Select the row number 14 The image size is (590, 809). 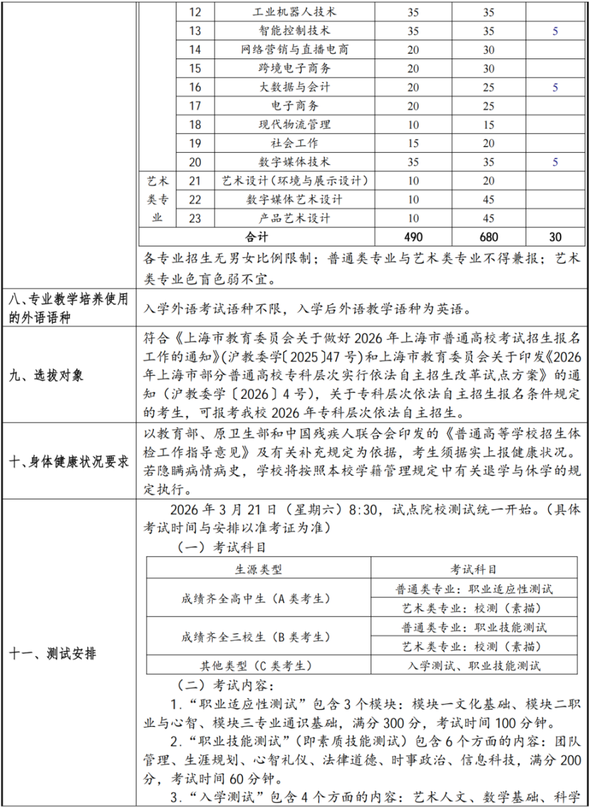pyautogui.click(x=195, y=50)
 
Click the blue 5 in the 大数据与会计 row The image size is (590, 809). pyautogui.click(x=555, y=87)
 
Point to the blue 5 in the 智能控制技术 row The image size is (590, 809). pyautogui.click(x=555, y=31)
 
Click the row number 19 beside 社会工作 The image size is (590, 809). pyautogui.click(x=195, y=143)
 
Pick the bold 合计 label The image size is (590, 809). pyautogui.click(x=256, y=237)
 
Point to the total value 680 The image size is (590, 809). pyautogui.click(x=488, y=237)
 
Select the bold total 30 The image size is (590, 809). pyautogui.click(x=555, y=237)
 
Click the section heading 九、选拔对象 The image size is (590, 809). pyautogui.click(x=47, y=376)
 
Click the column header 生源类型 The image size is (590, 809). pyautogui.click(x=259, y=570)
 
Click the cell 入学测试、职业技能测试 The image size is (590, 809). pyautogui.click(x=474, y=666)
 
